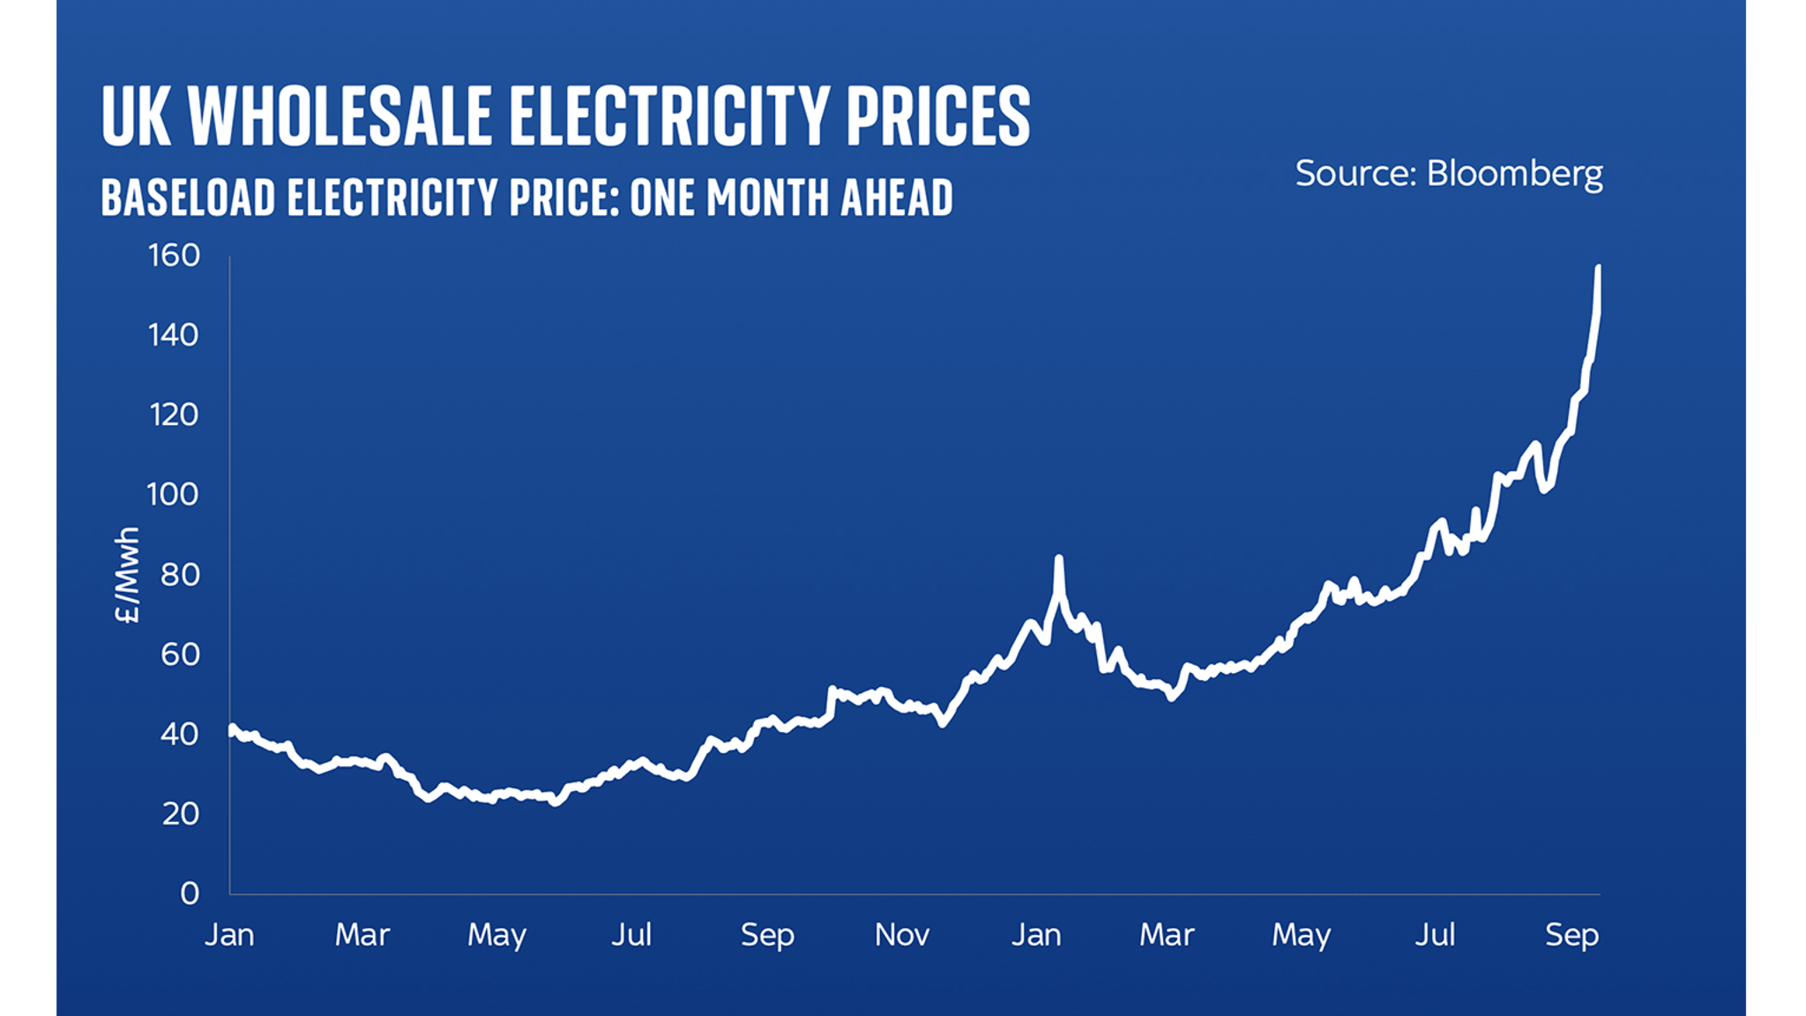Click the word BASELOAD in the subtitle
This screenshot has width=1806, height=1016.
tap(188, 197)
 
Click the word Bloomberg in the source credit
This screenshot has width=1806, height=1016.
tap(1514, 174)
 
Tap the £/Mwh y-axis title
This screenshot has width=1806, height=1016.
tap(128, 575)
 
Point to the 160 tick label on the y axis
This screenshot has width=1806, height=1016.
tap(174, 256)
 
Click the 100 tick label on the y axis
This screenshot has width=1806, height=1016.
tap(173, 495)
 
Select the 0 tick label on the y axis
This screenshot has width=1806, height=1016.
tap(190, 893)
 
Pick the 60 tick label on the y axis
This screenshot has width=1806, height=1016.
tap(180, 654)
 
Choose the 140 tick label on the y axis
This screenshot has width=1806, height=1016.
tap(174, 335)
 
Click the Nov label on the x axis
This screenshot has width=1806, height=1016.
tap(901, 935)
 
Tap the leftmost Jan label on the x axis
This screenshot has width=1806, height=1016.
tap(229, 935)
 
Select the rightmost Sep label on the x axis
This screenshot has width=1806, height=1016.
tap(1571, 935)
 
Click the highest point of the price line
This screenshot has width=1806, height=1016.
tap(1598, 267)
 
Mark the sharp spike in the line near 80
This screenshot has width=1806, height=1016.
tap(1058, 558)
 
